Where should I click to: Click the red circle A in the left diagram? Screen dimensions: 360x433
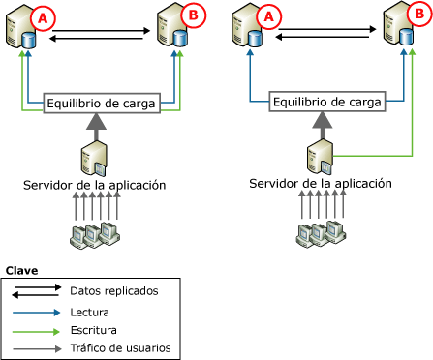pyautogui.click(x=41, y=16)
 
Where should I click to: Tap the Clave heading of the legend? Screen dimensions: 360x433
pyautogui.click(x=22, y=270)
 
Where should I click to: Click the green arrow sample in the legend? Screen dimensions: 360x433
pyautogui.click(x=39, y=330)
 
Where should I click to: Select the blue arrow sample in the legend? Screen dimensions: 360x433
pyautogui.click(x=39, y=312)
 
